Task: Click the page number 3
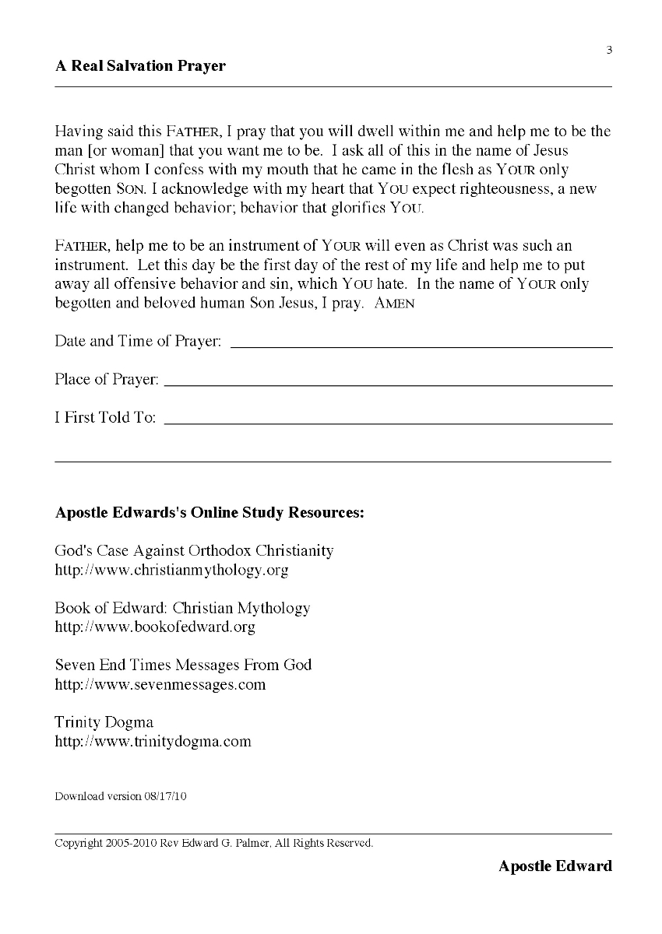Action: pos(609,51)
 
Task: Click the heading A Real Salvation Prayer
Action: pos(140,66)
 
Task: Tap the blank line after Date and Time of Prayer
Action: pos(421,345)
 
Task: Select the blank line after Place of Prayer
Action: pos(389,383)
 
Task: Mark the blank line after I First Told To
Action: pos(389,421)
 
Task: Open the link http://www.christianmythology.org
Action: pos(171,571)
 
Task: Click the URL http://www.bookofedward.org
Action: pos(155,627)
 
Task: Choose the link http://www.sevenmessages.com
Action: pos(160,685)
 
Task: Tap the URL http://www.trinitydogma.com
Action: pos(153,742)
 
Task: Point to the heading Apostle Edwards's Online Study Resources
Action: pos(210,514)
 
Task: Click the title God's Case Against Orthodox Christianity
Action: pos(194,551)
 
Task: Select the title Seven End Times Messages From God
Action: pos(183,665)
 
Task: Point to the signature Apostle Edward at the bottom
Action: pos(555,866)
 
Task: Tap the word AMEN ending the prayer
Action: pos(395,304)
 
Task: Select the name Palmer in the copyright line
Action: pos(248,843)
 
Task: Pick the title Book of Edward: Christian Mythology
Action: pos(182,608)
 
